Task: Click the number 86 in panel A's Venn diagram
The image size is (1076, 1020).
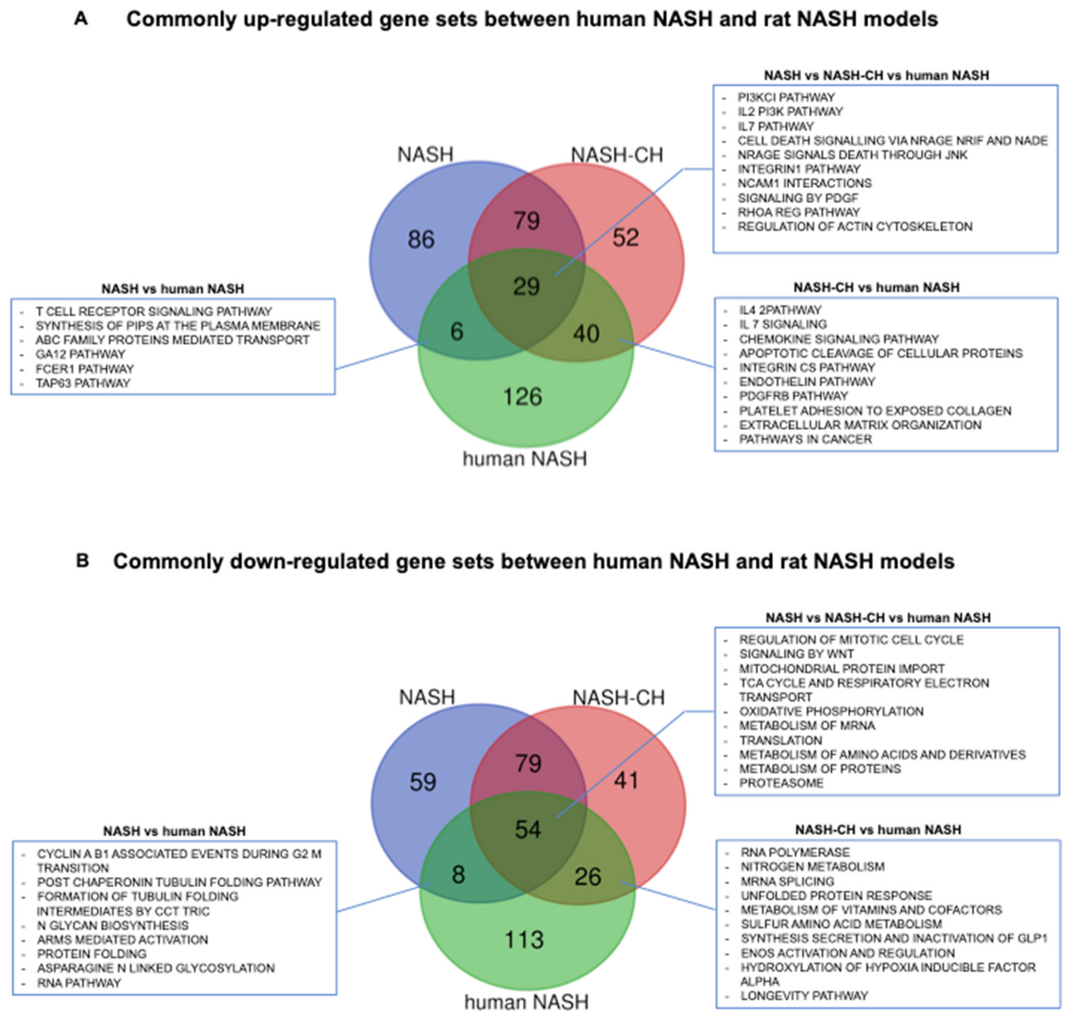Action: point(421,240)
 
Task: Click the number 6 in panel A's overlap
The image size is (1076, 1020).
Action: point(457,331)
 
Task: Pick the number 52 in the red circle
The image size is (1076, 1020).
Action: point(626,237)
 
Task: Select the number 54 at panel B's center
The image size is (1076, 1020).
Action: point(528,830)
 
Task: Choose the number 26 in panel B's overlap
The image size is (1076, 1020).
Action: point(588,877)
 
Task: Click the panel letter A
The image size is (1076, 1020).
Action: point(81,19)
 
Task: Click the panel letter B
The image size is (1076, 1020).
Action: point(82,561)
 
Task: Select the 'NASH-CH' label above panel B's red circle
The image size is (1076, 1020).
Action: point(619,697)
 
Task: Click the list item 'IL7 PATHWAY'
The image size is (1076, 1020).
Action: point(775,126)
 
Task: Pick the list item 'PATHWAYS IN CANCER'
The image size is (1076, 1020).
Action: point(805,439)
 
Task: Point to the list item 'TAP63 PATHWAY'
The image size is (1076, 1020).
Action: point(83,383)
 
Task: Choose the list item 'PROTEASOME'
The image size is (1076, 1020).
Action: point(781,783)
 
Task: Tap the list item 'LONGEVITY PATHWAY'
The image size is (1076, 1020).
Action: point(804,995)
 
